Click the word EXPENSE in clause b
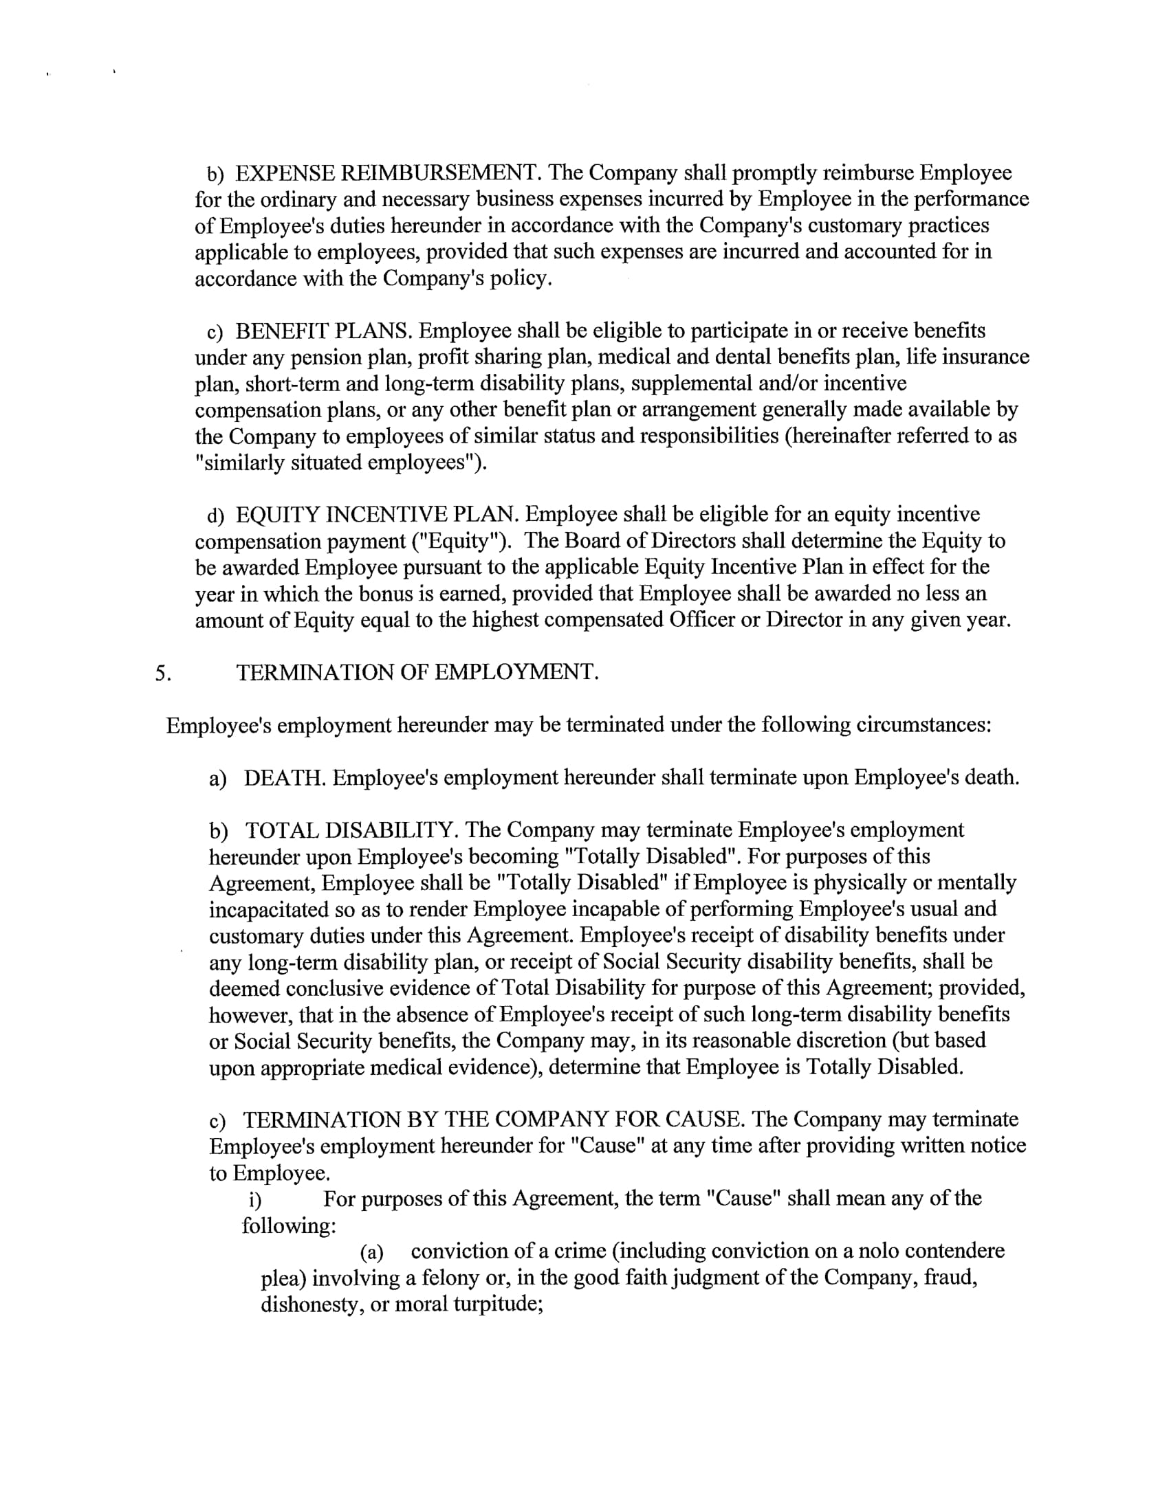[x=286, y=173]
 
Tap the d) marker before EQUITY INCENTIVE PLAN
[x=215, y=515]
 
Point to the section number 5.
[x=163, y=673]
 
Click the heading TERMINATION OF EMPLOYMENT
[x=417, y=672]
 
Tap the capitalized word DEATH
[x=284, y=777]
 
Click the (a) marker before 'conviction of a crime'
[x=371, y=1252]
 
